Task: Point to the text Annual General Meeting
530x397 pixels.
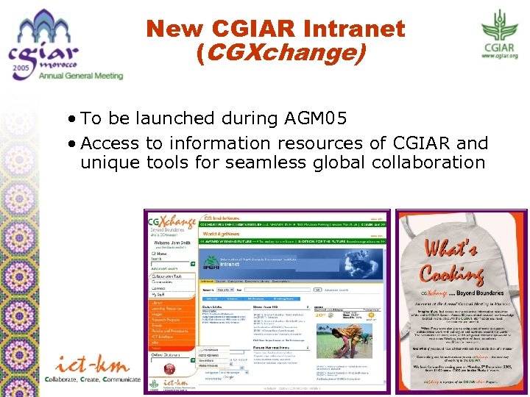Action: point(81,76)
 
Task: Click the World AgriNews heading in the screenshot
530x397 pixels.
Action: point(221,233)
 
